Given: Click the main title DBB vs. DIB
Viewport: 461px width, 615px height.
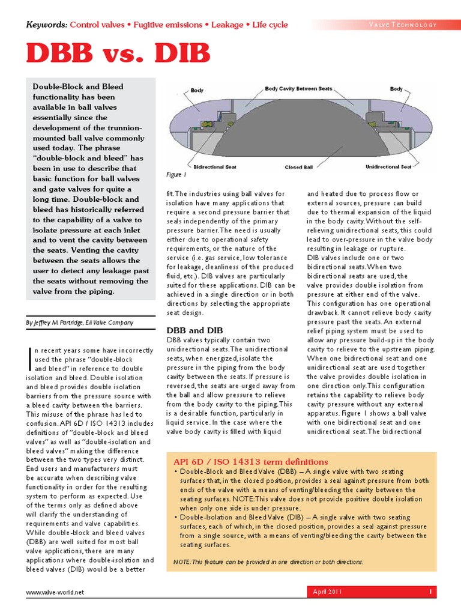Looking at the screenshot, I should (118, 54).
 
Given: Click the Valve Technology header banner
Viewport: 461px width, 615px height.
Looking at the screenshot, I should (403, 25).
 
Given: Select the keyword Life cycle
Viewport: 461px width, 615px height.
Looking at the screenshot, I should (270, 25).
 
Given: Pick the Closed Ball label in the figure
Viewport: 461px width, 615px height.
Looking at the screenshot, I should (301, 167).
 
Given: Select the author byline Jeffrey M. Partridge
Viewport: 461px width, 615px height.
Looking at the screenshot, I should (80, 323).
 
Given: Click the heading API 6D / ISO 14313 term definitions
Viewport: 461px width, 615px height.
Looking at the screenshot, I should (251, 462).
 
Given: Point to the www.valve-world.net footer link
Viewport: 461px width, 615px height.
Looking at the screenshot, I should (55, 592).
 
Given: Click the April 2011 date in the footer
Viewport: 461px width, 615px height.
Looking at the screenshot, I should (327, 592).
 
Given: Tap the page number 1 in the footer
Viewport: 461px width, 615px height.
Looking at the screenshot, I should (430, 592).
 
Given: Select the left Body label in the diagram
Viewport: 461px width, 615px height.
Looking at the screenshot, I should (197, 90).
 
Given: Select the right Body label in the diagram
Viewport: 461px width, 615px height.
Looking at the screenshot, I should (396, 89).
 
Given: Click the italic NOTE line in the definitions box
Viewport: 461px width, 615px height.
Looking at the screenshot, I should (268, 562).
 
